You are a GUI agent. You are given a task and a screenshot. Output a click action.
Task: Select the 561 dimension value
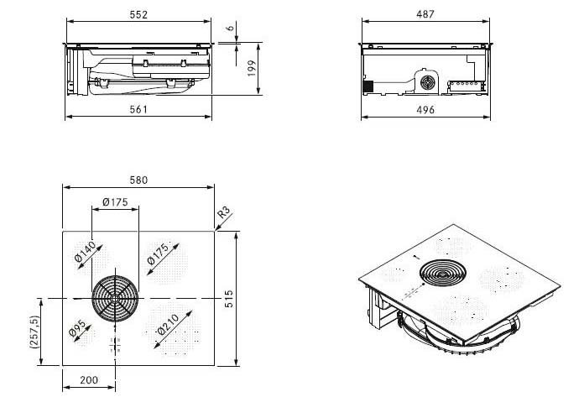point(138,108)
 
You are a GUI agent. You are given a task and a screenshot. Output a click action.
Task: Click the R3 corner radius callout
point(223,214)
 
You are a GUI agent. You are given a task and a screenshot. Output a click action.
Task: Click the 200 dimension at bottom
point(89,380)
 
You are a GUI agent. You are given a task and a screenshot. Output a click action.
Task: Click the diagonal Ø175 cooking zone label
point(159,258)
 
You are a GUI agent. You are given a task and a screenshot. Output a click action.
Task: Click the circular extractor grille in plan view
point(112,298)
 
